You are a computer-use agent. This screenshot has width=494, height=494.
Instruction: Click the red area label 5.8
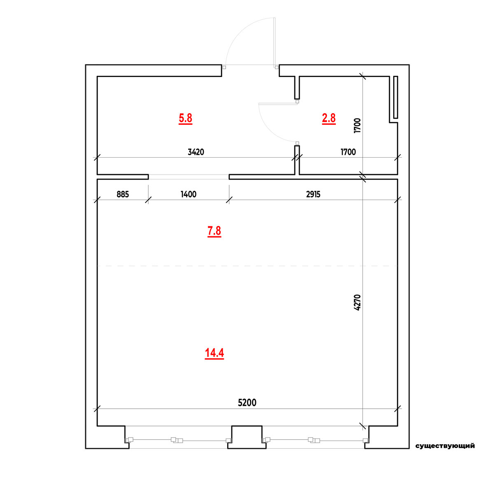(x=185, y=118)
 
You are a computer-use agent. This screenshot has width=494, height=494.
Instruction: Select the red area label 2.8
(x=329, y=118)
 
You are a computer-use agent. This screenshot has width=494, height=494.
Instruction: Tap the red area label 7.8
(x=214, y=231)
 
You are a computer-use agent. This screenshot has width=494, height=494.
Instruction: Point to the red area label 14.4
(x=214, y=353)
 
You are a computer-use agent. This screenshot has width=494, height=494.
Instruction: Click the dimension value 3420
(x=196, y=152)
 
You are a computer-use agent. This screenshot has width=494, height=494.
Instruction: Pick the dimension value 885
(x=123, y=194)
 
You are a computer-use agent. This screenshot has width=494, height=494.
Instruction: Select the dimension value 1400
(x=189, y=194)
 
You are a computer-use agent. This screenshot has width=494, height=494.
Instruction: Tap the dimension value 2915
(x=313, y=194)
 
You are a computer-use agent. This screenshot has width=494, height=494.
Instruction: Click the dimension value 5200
(x=247, y=403)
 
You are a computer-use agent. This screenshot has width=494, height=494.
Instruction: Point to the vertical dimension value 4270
(x=357, y=303)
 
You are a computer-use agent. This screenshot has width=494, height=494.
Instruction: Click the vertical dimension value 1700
(x=357, y=126)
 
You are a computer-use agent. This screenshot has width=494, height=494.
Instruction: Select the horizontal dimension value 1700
(x=348, y=152)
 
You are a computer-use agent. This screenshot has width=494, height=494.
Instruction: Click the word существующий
(x=445, y=446)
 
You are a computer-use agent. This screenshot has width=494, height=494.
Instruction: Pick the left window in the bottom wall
(x=178, y=440)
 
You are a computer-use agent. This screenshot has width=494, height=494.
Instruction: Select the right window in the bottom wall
(x=316, y=440)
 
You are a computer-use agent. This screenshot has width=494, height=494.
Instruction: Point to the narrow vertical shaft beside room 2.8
(x=396, y=97)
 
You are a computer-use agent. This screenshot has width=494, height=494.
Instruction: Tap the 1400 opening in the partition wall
(x=189, y=177)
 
